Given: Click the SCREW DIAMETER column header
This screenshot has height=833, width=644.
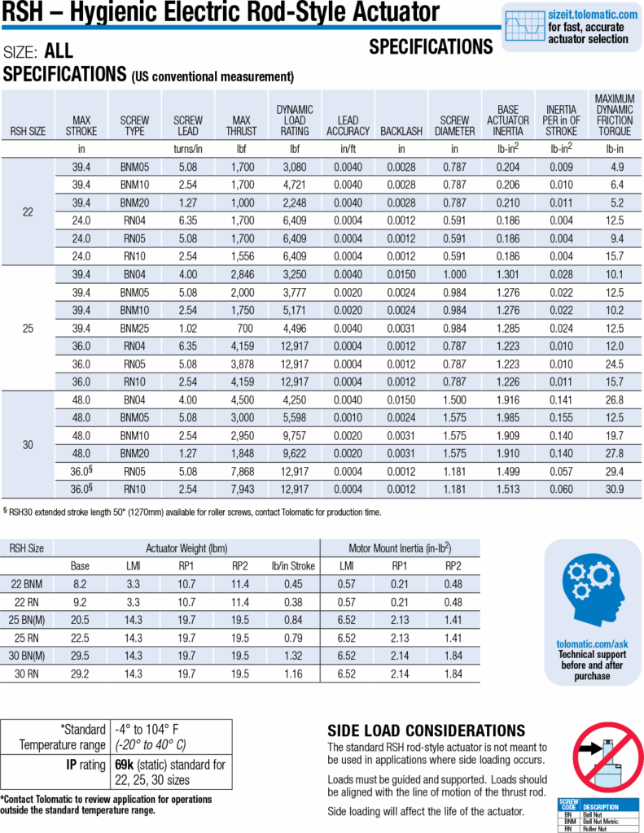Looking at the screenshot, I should point(455,125).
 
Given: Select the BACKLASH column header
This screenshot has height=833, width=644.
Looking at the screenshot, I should point(401,130).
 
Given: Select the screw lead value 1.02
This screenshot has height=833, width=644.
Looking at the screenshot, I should point(188,329).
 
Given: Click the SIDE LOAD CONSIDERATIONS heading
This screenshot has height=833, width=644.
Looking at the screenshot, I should point(426,731).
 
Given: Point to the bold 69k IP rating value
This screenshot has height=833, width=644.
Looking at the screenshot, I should point(124,765).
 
